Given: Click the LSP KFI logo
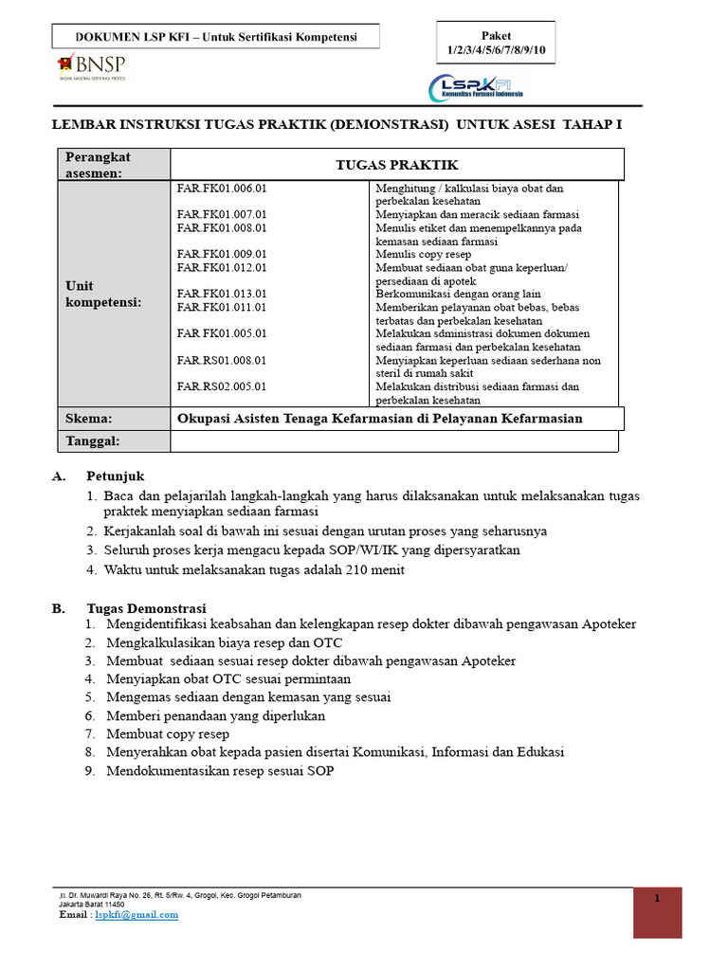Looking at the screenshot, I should tap(480, 88).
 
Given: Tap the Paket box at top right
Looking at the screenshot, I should tap(496, 42).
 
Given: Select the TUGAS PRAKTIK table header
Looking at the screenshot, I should tap(397, 165).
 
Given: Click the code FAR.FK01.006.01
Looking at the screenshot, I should tap(222, 189).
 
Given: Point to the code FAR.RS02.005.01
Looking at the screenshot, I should tap(222, 386).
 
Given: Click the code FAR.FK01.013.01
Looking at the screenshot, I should tap(222, 295).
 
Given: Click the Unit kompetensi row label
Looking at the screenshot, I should tap(103, 294).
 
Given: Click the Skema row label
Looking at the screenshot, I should tap(88, 419).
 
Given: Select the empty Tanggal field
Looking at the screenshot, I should tap(393, 441).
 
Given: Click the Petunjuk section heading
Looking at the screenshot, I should tap(116, 476).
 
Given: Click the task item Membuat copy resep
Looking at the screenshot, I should tap(168, 734).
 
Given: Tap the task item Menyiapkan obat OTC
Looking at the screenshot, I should tap(228, 679).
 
